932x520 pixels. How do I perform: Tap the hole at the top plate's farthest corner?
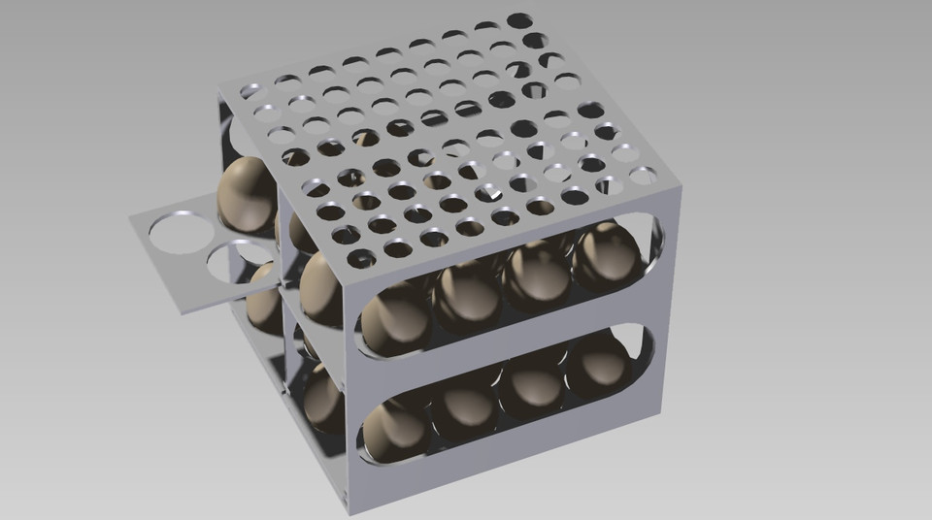click(519, 20)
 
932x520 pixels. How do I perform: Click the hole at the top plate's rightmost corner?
click(642, 176)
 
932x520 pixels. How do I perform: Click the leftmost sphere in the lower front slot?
click(393, 427)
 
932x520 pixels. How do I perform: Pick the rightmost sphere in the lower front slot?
click(599, 365)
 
